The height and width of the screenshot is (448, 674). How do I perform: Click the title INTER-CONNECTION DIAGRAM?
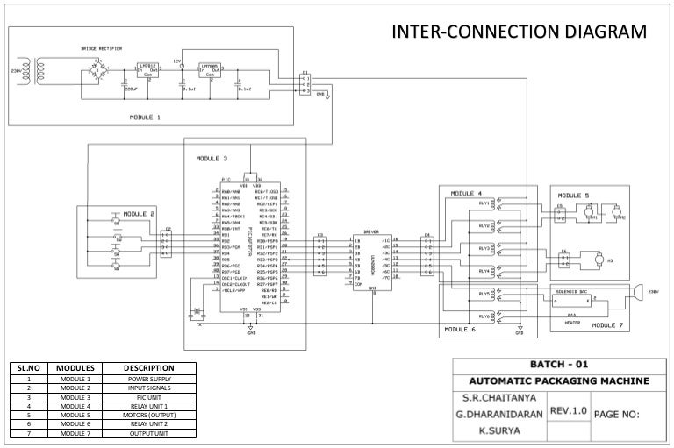(x=518, y=33)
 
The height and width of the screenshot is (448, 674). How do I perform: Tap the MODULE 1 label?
(x=146, y=116)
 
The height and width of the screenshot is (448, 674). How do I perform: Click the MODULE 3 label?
(x=211, y=159)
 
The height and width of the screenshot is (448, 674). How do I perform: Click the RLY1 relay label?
(x=484, y=203)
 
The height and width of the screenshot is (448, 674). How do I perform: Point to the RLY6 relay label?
(x=484, y=316)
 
